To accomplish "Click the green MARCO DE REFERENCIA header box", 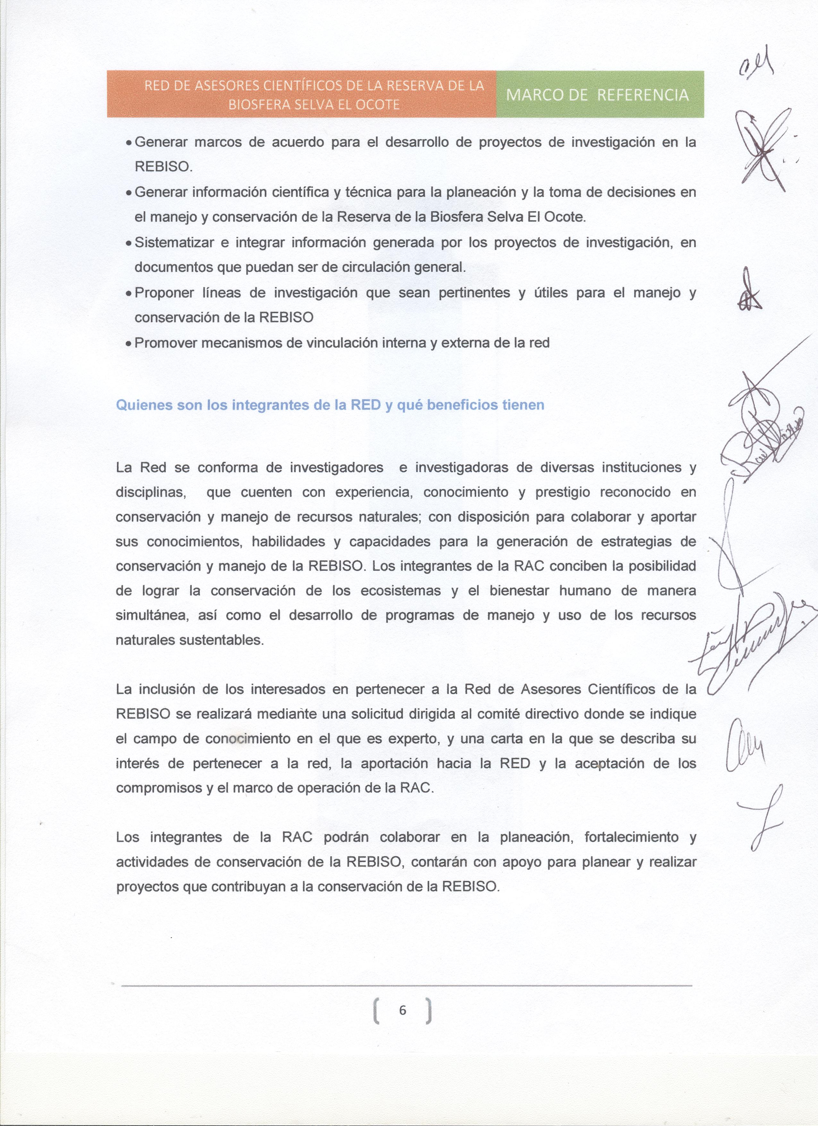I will tap(600, 94).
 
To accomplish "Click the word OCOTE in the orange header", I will tap(380, 105).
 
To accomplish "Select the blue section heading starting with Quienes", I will tap(330, 405).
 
